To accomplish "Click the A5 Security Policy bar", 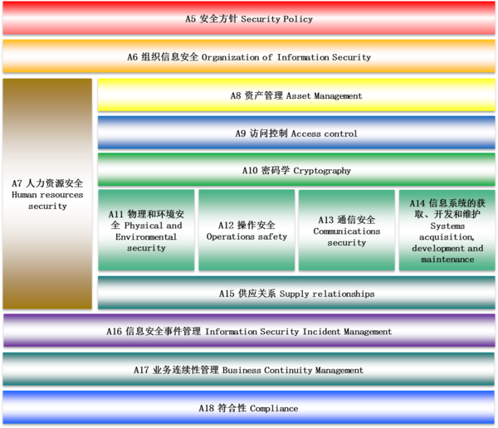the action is coord(249,18).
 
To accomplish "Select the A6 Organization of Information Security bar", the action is coord(249,56).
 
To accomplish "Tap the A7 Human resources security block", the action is coord(47,194).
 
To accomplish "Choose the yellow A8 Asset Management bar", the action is coord(296,95).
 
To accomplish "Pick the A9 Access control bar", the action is coord(296,133).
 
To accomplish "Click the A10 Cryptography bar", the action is coord(296,169).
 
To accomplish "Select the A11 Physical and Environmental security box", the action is coord(146,231).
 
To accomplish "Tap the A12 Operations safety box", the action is coord(247,231).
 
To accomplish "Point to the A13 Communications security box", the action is coord(347,231).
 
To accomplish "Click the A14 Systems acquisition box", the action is coord(447,231).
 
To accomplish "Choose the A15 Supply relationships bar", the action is coord(296,293).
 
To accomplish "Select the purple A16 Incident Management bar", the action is coord(249,330).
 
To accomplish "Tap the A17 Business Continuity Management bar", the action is coord(249,369).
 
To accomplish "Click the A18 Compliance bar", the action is coord(249,408).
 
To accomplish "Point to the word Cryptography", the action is coord(322,171).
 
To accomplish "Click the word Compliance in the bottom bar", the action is coord(274,408).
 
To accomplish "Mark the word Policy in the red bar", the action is coord(298,19).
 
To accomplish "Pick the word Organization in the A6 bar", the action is coord(230,57).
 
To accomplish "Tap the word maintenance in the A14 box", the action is coord(447,260).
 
